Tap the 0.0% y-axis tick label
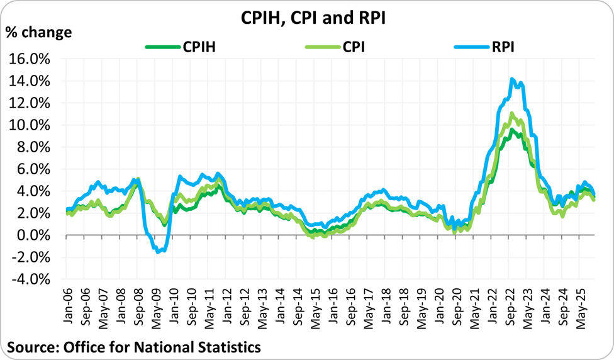click(x=35, y=235)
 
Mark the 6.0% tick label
click(x=35, y=169)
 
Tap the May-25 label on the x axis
click(x=586, y=309)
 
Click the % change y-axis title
click(x=39, y=33)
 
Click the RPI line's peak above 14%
click(x=512, y=79)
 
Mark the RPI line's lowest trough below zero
click(x=159, y=252)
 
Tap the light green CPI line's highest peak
click(x=512, y=114)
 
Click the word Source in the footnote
click(x=31, y=347)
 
